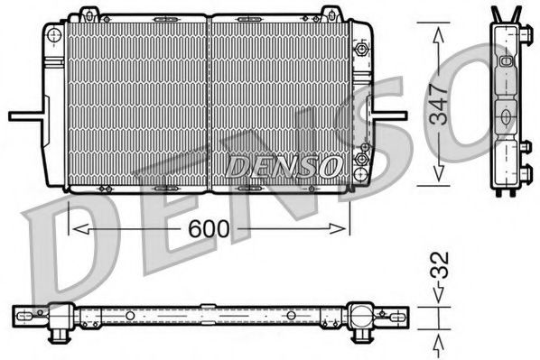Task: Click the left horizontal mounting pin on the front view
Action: [x=25, y=115]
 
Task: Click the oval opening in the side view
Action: [x=506, y=115]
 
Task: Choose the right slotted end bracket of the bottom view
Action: [x=395, y=317]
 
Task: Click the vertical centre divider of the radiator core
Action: [x=209, y=99]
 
